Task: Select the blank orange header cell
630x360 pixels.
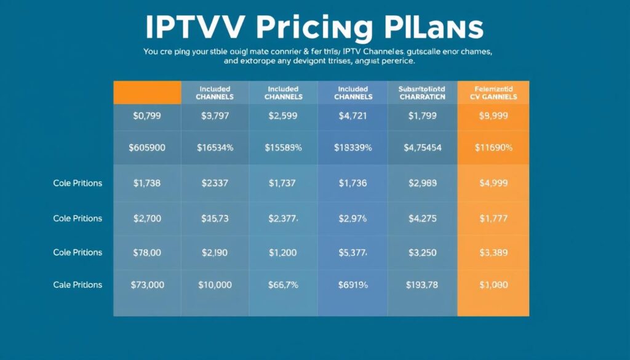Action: [x=147, y=92]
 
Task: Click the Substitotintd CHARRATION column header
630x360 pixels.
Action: [x=421, y=93]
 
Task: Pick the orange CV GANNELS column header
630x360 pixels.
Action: [x=492, y=93]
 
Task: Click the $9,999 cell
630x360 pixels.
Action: [x=492, y=115]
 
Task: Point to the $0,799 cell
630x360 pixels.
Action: [x=147, y=115]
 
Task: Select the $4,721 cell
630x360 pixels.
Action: [x=353, y=115]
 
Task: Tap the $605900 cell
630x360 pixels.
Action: [x=147, y=148]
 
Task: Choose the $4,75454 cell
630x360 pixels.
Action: [x=421, y=148]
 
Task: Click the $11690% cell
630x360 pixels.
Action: [x=493, y=148]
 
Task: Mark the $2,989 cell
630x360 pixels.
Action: [x=421, y=183]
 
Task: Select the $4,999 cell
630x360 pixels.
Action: [x=493, y=183]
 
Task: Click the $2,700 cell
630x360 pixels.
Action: [x=147, y=218]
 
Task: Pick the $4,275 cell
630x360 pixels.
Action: [x=421, y=218]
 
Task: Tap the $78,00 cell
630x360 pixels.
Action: [x=147, y=252]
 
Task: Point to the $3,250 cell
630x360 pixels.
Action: [x=421, y=252]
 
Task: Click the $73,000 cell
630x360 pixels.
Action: [x=147, y=285]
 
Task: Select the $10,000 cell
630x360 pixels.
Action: [x=215, y=285]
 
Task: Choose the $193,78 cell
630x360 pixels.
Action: [x=421, y=285]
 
